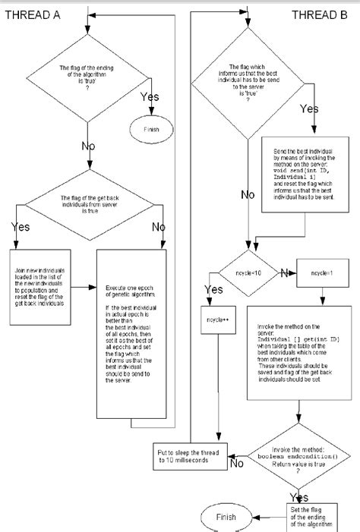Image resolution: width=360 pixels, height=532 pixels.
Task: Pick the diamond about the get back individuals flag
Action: coord(90,203)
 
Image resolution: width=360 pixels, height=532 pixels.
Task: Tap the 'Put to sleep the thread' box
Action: coord(186,454)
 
